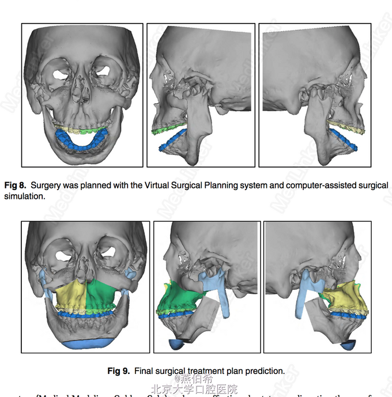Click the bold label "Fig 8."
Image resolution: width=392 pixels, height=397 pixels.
click(x=16, y=186)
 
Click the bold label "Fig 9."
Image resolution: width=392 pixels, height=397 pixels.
click(x=118, y=371)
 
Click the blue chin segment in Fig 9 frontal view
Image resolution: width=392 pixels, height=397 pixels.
click(x=86, y=344)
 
